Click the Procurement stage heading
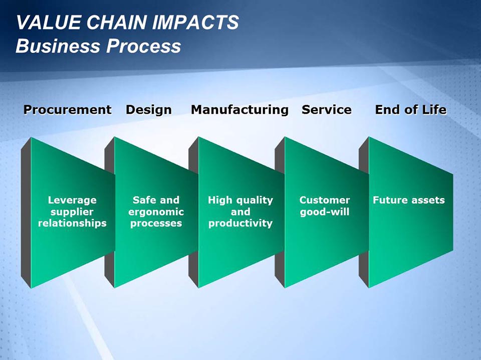coord(67,110)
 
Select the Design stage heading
coord(148,110)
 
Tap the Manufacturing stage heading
coord(239,110)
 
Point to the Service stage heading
coord(326,110)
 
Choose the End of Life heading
coord(410,110)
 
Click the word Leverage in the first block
coord(72,201)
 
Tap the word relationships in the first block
coord(72,223)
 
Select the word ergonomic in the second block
coord(156,212)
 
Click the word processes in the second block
coord(156,223)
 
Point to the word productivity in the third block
coord(241,223)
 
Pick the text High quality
coord(241,201)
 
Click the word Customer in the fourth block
coord(325,201)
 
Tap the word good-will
coord(325,212)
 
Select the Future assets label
coord(408,201)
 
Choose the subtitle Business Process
coord(98,46)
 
